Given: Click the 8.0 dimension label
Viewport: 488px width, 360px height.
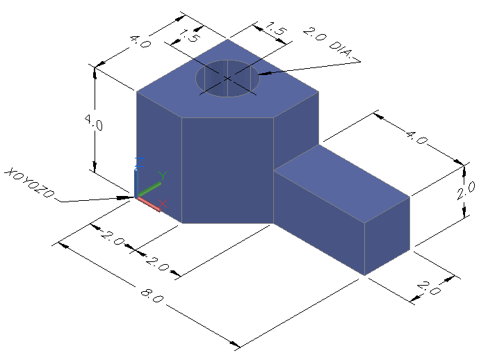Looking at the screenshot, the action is point(152,296).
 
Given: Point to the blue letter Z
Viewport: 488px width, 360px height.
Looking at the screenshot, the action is point(139,162).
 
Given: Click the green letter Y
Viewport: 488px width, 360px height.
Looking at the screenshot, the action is point(163,176).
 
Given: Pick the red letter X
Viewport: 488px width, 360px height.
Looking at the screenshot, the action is point(163,204).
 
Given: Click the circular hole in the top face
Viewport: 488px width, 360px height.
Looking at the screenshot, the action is point(227,79).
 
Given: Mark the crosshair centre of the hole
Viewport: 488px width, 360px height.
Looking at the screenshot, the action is point(227,78).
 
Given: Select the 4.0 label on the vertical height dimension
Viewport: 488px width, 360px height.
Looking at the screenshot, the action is point(93,122).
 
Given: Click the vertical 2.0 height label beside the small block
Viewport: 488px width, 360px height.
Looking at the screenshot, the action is point(466,190).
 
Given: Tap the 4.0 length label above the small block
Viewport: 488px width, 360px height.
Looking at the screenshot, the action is point(416,138).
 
